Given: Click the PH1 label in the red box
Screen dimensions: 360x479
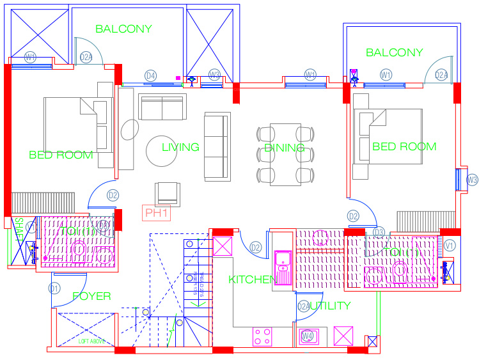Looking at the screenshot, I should [x=157, y=213].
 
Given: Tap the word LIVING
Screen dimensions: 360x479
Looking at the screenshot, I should [x=180, y=147].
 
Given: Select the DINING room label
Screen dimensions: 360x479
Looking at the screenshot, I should [x=285, y=148].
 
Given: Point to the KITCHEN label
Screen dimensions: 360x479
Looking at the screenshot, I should [x=252, y=279].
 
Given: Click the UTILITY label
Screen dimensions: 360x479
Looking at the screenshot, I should [x=330, y=306].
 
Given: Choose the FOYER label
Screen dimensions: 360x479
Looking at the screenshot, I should [x=91, y=296].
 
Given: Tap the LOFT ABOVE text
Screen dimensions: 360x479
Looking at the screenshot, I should [x=91, y=341].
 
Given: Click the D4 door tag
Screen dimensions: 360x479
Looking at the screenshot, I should [x=151, y=75].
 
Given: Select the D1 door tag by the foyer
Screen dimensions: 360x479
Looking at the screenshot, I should [x=55, y=288].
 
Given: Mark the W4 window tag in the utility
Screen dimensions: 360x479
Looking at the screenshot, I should [x=308, y=336].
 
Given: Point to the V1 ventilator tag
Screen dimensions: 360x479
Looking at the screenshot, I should [x=450, y=245].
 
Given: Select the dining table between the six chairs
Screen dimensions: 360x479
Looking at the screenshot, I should [x=285, y=153].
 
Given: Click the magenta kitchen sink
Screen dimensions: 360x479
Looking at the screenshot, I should [x=282, y=262].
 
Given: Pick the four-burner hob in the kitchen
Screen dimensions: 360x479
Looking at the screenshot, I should [x=262, y=336].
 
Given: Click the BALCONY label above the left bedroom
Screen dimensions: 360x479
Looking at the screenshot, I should [x=123, y=29].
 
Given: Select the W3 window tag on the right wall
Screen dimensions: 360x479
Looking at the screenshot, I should [x=472, y=180].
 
